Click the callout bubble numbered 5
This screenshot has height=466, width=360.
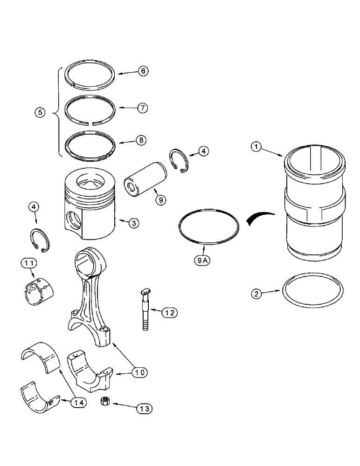coord(41,112)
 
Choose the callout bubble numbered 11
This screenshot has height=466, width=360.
coord(28,264)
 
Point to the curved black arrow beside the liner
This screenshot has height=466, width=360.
coord(259,217)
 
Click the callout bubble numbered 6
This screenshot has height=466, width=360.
coord(143,71)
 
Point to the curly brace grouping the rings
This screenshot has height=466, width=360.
coord(58,112)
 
